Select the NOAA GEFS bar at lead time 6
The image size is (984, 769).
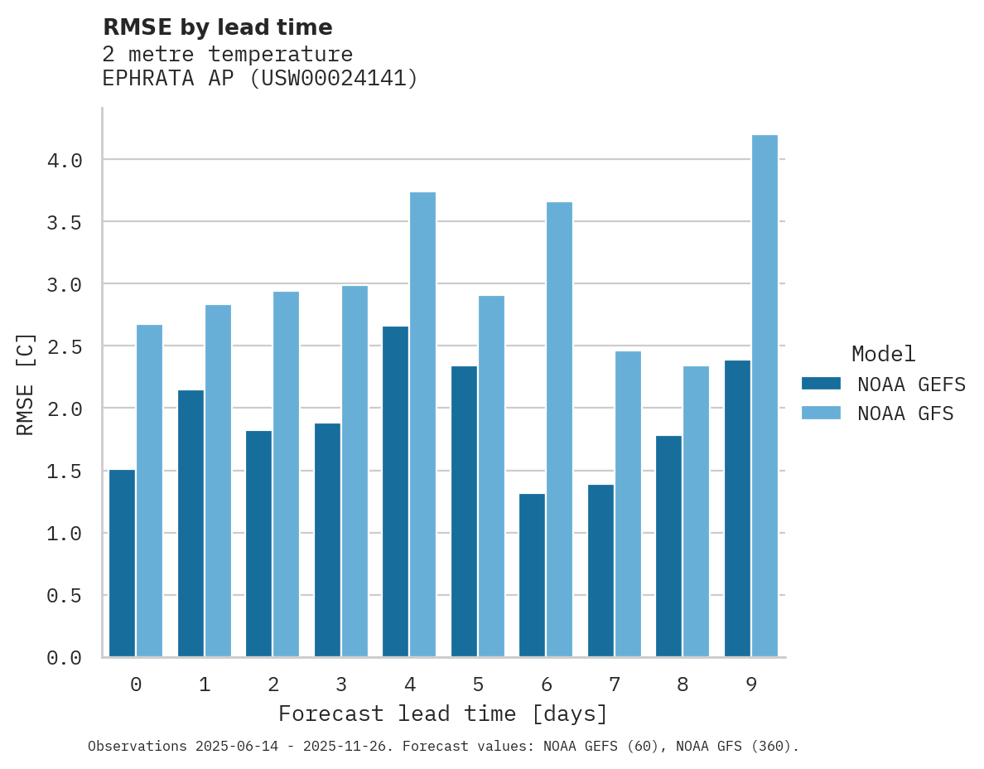point(532,575)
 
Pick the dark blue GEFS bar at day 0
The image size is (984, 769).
point(122,563)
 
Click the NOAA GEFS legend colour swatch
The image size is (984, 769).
point(821,384)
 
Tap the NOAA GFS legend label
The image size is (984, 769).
point(905,414)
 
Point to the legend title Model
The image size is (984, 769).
point(883,354)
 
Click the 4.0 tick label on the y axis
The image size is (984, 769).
point(65,160)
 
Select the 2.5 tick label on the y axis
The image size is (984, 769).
point(65,346)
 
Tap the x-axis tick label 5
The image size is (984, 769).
point(478,684)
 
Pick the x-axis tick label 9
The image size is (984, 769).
point(751,684)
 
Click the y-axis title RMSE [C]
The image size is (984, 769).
point(26,384)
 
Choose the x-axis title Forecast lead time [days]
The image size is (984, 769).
point(443,713)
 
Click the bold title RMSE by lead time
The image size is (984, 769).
point(217,27)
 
